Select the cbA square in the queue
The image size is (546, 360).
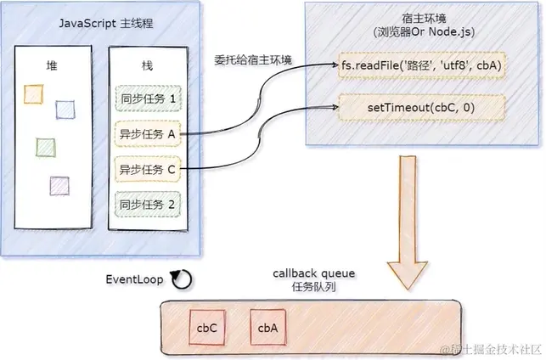(x=267, y=326)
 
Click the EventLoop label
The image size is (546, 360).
(x=133, y=278)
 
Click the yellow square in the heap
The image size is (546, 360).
(x=33, y=91)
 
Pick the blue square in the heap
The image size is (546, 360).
(x=65, y=109)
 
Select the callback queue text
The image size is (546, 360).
(x=314, y=273)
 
